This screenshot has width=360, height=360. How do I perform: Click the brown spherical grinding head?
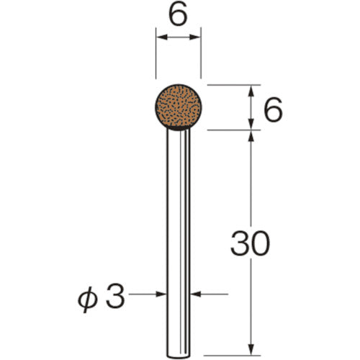178,107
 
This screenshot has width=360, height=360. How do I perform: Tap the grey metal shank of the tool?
178,216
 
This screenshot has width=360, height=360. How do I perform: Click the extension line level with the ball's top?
230,86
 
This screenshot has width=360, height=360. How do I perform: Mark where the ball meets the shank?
178,128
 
